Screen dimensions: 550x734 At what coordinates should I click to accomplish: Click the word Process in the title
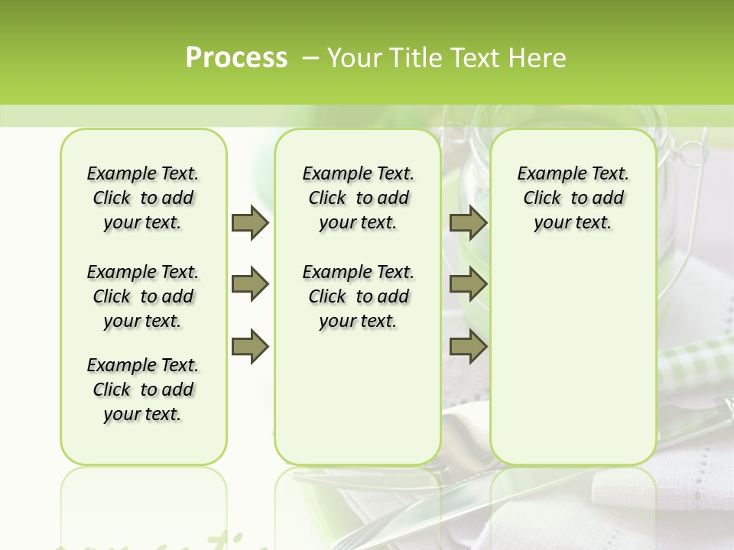(236, 58)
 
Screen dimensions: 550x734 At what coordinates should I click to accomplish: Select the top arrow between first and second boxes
(250, 222)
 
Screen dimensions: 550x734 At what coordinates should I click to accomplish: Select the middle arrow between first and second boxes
(250, 284)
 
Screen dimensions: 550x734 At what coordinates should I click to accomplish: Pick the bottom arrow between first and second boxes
(250, 347)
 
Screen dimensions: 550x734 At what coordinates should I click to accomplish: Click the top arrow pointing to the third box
(468, 222)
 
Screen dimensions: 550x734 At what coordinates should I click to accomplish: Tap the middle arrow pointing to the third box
(468, 284)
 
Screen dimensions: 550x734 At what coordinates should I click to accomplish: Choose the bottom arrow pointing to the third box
(468, 347)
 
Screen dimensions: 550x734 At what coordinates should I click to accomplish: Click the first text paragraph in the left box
(143, 198)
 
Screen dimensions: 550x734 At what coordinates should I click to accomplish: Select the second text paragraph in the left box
(143, 296)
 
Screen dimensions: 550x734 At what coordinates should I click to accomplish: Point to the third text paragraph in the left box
(143, 390)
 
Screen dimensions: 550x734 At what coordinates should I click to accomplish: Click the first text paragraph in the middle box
(358, 198)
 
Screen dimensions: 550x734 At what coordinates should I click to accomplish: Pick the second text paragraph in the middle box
(358, 296)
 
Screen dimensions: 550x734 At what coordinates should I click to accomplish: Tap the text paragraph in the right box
(573, 198)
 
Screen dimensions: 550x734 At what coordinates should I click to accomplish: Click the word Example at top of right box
(545, 174)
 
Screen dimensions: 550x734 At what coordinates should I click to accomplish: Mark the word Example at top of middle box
(330, 174)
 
